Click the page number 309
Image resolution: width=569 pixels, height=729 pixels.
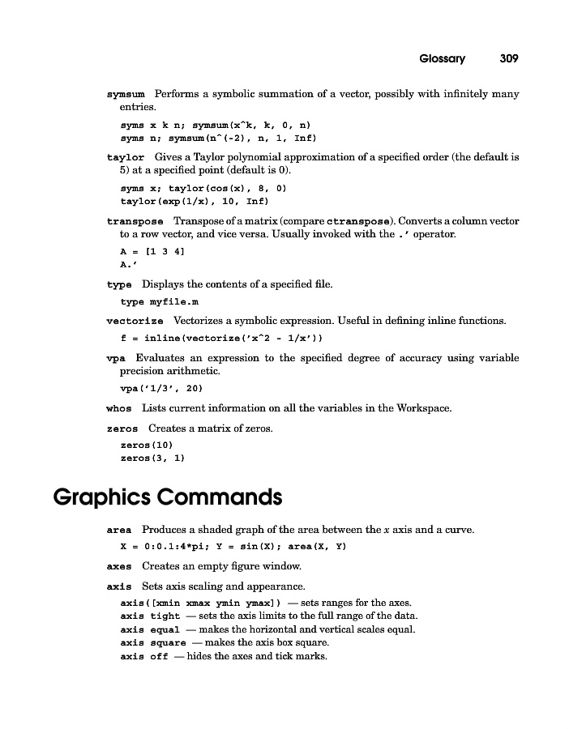click(508, 58)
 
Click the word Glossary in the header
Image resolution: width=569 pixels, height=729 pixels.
click(442, 58)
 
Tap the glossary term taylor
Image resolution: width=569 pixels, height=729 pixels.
click(126, 157)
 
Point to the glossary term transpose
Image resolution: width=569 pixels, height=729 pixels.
click(135, 221)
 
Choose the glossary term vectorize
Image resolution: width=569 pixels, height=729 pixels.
click(135, 321)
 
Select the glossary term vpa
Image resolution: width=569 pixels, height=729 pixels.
click(115, 358)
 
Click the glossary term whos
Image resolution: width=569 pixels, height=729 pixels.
click(119, 408)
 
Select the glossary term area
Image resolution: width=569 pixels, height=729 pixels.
click(119, 531)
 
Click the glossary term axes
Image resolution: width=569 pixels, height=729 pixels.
click(119, 566)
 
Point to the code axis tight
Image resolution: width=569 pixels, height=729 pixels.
click(144, 616)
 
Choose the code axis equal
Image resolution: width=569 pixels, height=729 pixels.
click(144, 630)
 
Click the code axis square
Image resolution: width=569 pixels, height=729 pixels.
click(147, 643)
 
